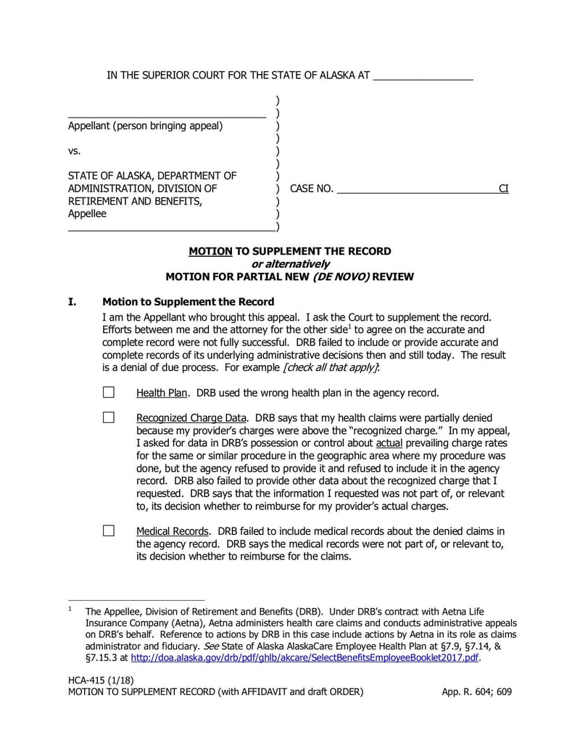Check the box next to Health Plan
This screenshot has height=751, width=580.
pyautogui.click(x=109, y=393)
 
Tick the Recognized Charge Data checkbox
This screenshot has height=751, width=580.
pyautogui.click(x=109, y=417)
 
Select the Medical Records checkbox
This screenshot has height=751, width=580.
pyautogui.click(x=109, y=530)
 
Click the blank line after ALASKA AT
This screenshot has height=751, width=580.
pyautogui.click(x=423, y=76)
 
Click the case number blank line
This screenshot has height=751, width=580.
pyautogui.click(x=417, y=189)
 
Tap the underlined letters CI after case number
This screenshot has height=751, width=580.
pyautogui.click(x=503, y=189)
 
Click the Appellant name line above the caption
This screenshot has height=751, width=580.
pyautogui.click(x=167, y=114)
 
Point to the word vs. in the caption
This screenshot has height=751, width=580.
pyautogui.click(x=74, y=151)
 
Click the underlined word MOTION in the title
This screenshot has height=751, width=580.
pyautogui.click(x=210, y=251)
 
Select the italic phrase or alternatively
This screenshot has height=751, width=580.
pyautogui.click(x=289, y=263)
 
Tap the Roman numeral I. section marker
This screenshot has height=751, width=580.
pyautogui.click(x=72, y=302)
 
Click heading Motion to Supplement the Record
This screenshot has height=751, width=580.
pyautogui.click(x=188, y=302)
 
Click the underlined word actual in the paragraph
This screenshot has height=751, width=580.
pyautogui.click(x=389, y=443)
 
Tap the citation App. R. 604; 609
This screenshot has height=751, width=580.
pyautogui.click(x=476, y=692)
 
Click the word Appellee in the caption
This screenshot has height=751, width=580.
pyautogui.click(x=87, y=214)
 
